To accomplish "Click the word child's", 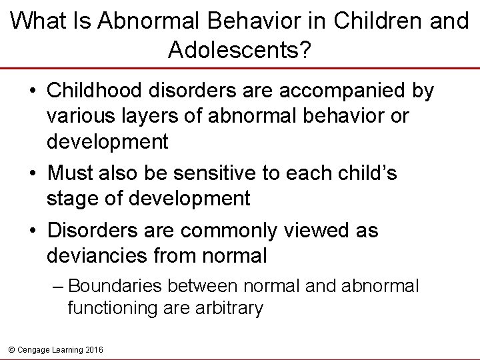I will point(361,173).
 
